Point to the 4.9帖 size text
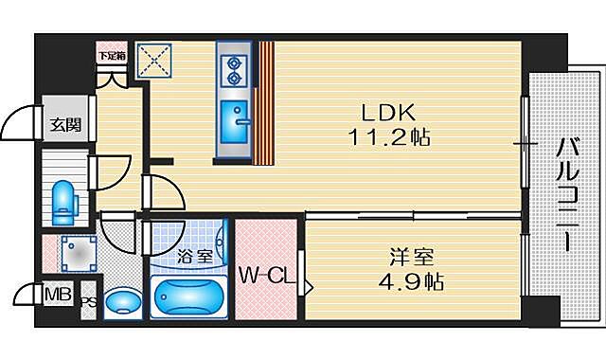point(413,281)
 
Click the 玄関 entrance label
point(64,123)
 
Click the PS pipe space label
point(87,302)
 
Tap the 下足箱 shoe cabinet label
point(112,56)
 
